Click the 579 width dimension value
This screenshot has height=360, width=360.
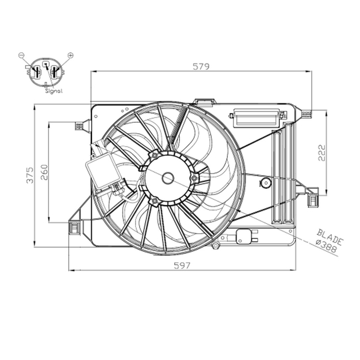pos(201,67)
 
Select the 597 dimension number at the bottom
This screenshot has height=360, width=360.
pos(182,265)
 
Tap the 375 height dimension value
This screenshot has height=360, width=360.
pos(30,175)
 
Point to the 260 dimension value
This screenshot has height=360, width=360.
pos(44,172)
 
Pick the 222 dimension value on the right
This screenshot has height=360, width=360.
pos(322,153)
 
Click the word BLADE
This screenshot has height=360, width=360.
pos(330,237)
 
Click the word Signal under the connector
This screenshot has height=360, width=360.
pos(54,91)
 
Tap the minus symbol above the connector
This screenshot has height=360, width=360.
pos(21,55)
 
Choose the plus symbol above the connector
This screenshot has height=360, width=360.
pos(71,55)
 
